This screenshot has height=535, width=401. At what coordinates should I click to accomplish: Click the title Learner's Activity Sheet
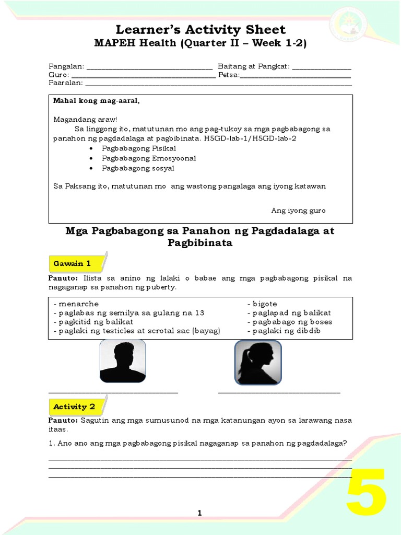pos(200,29)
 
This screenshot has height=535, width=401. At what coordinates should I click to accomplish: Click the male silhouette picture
pos(123,361)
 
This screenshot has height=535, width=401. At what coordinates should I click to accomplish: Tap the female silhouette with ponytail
pos(257,362)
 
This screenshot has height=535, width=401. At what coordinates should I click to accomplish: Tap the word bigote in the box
pos(265,304)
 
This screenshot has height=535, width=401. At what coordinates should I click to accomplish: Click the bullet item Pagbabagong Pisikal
pos(135,149)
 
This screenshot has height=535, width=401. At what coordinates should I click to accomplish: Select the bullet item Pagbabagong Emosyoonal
pos(141,158)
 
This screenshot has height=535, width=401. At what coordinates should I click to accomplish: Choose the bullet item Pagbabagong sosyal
pos(138,168)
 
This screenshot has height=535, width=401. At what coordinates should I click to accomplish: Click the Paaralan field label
pos(65,83)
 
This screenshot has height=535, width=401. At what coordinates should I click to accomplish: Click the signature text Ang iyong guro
pos(298,211)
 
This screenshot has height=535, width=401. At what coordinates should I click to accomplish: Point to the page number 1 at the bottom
pos(199,514)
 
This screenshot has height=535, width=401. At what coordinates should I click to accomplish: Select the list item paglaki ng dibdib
pos(287,331)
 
